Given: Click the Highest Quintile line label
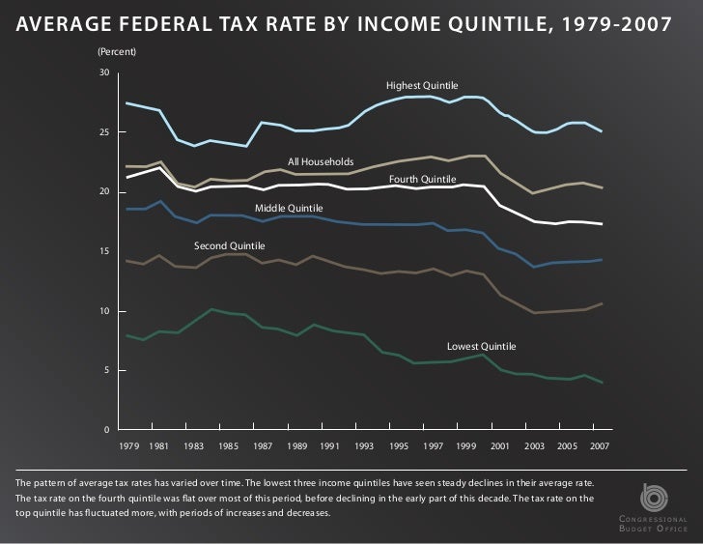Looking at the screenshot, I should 422,86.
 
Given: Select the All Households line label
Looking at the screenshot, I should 321,161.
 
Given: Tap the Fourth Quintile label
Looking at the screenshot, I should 422,180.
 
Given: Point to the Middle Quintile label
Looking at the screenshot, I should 289,209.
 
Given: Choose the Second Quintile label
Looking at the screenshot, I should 230,246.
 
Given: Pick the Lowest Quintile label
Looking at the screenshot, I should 481,346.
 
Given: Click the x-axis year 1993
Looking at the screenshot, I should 364,446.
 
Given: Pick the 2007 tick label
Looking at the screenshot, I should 600,446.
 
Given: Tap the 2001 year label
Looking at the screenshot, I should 499,446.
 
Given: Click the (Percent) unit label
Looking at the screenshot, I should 116,49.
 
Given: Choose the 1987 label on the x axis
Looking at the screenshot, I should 262,446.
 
